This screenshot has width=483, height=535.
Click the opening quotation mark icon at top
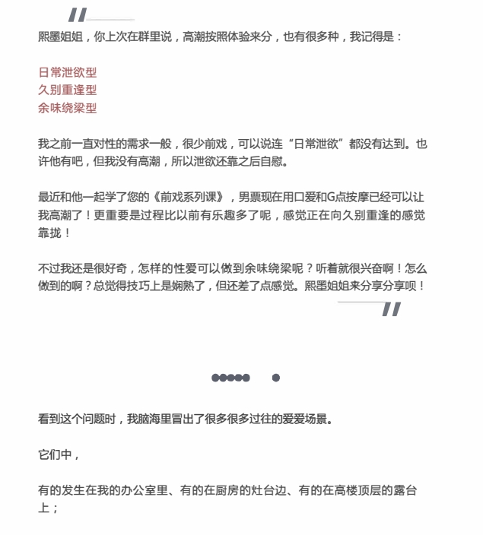tap(78, 14)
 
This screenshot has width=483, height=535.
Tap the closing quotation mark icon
tap(391, 309)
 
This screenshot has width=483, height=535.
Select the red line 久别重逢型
tap(68, 90)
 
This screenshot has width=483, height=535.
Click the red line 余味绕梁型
tap(68, 108)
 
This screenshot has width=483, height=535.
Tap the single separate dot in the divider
tap(275, 378)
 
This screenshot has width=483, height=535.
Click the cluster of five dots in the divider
tap(230, 378)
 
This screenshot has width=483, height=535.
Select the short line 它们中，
tap(59, 454)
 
